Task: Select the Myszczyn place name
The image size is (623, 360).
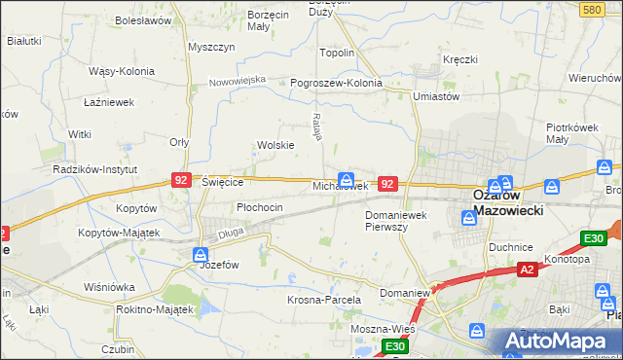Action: click(212, 47)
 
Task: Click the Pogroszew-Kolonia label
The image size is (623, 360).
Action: click(336, 84)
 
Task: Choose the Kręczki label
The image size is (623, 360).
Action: click(459, 59)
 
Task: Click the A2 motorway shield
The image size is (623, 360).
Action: click(527, 269)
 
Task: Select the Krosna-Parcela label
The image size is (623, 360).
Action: click(324, 300)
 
